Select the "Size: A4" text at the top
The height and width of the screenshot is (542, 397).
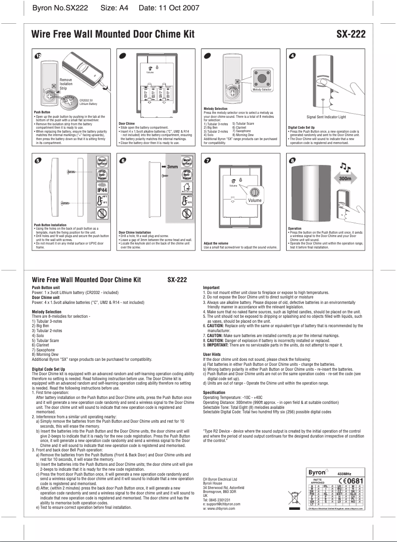pos(114,8)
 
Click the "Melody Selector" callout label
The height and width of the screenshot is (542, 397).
pos(262,90)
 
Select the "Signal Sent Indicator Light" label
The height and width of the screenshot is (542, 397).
pos(326,117)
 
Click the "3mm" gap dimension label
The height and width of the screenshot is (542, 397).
pos(172,167)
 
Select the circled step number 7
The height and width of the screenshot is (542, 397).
pos(208,161)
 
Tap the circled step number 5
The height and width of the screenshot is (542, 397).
pos(37,161)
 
